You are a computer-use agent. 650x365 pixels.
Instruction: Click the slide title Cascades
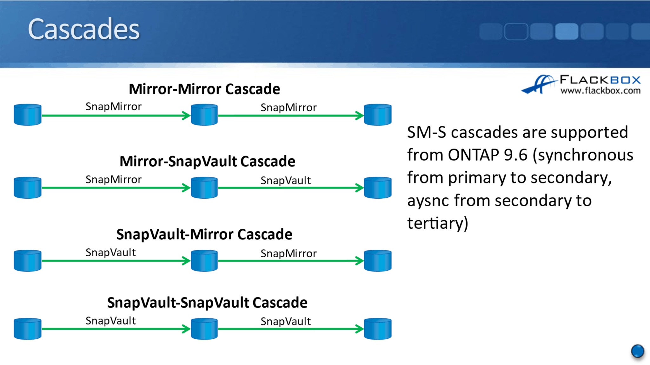pos(83,29)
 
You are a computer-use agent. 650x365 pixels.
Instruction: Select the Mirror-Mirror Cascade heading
pos(204,89)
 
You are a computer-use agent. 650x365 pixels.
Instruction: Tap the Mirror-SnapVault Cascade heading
pos(207,161)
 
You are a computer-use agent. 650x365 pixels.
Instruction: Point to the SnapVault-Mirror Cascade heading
pos(204,234)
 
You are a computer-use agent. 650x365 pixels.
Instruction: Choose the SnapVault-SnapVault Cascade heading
pos(207,303)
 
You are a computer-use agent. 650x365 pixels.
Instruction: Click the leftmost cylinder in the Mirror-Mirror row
pos(28,115)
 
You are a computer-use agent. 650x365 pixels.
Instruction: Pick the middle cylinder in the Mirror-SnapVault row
pos(204,188)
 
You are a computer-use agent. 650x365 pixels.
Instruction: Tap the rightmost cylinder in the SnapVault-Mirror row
pos(377,260)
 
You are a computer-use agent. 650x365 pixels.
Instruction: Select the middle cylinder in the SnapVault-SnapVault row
pos(204,329)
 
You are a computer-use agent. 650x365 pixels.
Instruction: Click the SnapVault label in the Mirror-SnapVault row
pos(285,181)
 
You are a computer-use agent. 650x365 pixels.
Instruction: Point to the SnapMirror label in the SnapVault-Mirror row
pos(289,253)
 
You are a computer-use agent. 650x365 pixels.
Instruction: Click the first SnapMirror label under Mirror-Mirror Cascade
pos(113,107)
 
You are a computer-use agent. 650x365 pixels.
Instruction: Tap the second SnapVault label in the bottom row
pos(285,322)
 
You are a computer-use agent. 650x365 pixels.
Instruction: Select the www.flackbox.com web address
pos(600,91)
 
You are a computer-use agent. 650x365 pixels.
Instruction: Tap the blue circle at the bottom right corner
pos(637,351)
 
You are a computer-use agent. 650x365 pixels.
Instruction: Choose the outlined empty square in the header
pos(516,31)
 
